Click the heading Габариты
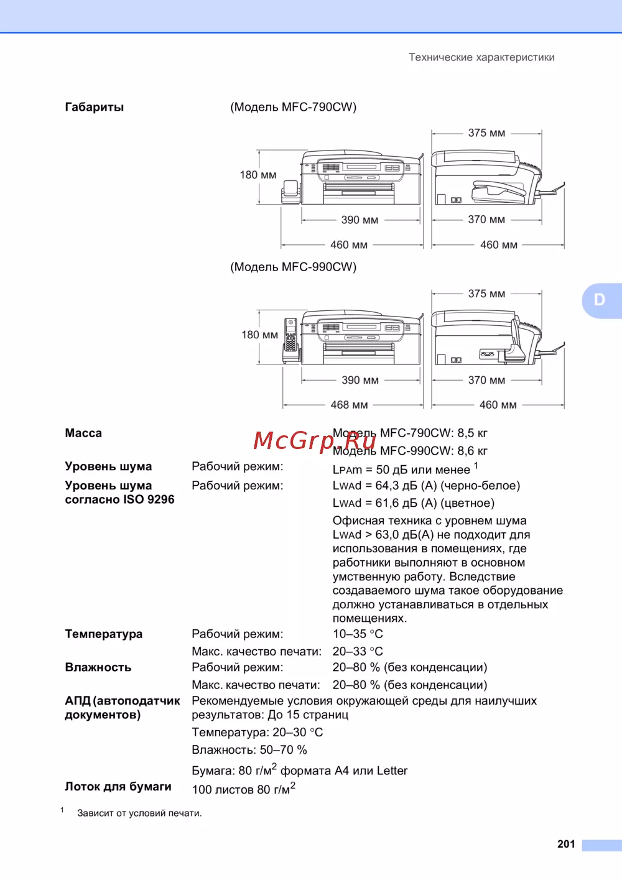(95, 107)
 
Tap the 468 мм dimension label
(349, 405)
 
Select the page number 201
(566, 844)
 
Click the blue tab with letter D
(600, 300)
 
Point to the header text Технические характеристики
(481, 57)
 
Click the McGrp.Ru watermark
(314, 441)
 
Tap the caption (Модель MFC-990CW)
(293, 267)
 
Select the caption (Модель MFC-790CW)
(293, 107)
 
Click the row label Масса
(83, 433)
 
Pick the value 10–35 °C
(358, 634)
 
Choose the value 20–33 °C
(358, 651)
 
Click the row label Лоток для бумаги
(118, 786)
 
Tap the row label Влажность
(98, 667)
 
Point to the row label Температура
(104, 634)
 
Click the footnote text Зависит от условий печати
(139, 813)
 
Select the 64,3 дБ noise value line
(426, 486)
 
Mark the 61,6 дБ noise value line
(414, 503)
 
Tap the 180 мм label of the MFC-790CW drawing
(258, 175)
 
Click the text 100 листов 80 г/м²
(243, 789)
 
